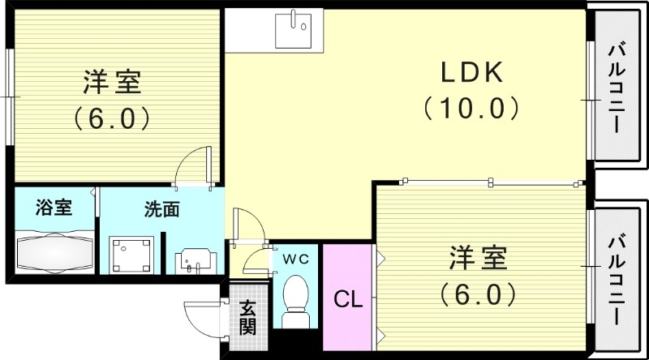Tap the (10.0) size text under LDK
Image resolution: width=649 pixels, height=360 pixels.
point(471,107)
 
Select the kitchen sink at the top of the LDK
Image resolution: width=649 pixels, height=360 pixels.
point(292,31)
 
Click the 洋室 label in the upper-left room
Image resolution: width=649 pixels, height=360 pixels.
point(113,84)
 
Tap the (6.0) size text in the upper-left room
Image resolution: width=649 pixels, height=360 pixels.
point(113,118)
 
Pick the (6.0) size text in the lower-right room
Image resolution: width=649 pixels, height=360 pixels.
point(479,291)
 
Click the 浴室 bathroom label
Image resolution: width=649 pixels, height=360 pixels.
point(54,208)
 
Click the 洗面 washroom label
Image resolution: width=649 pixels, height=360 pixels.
point(162,209)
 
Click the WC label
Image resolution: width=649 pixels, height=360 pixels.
point(295,259)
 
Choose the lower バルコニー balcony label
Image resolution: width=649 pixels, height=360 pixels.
point(616,279)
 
